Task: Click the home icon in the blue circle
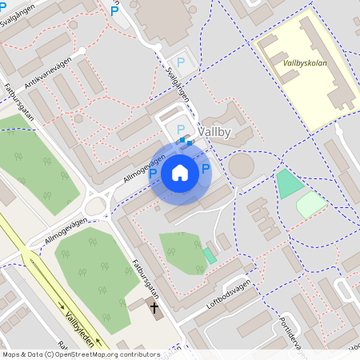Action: [x=180, y=172]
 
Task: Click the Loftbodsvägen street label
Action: [x=228, y=294]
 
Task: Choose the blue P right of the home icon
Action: [x=206, y=169]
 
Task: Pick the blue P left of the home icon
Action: [x=153, y=173]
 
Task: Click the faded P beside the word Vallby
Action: [x=181, y=129]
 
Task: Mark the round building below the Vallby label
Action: [x=241, y=166]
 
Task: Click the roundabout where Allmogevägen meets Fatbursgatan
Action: [x=96, y=206]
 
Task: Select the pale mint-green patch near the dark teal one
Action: [x=311, y=204]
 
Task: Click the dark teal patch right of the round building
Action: [x=289, y=184]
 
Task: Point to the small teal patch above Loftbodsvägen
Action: [x=209, y=255]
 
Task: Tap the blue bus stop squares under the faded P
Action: [x=186, y=142]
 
